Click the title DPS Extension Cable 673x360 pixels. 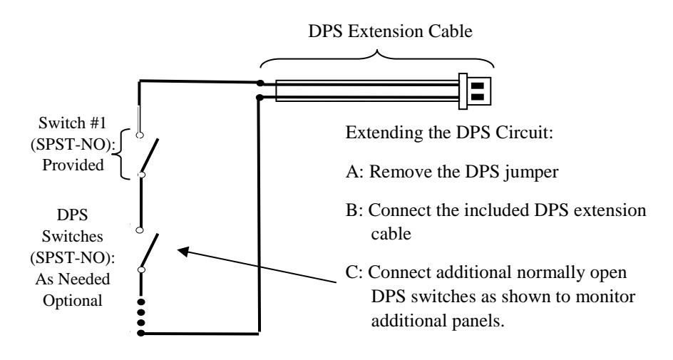[x=390, y=31]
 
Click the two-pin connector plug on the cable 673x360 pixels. [x=475, y=91]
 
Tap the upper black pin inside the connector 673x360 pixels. [x=478, y=86]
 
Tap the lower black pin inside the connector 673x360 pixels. [x=478, y=96]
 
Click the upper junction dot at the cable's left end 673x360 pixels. [x=260, y=83]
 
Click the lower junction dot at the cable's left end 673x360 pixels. [x=260, y=98]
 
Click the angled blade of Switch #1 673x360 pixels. [x=148, y=155]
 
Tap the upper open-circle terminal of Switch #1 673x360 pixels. [x=139, y=135]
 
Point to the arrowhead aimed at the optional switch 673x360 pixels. [x=184, y=251]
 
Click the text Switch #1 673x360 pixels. [x=72, y=123]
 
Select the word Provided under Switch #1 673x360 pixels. [x=73, y=165]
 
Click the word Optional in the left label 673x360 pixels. [x=73, y=300]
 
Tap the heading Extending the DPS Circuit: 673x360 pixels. [x=449, y=132]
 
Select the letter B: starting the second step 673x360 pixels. [x=354, y=210]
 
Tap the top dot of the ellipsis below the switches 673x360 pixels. [x=140, y=302]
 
